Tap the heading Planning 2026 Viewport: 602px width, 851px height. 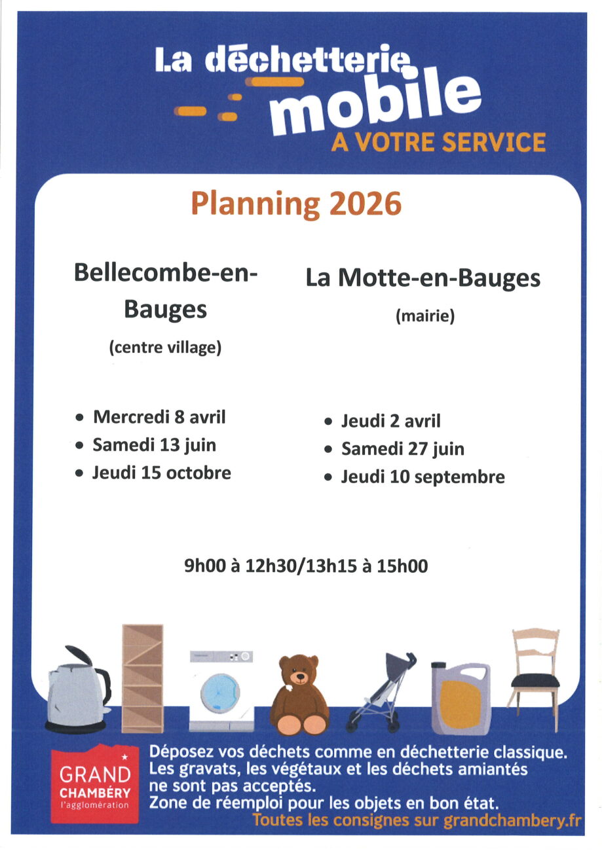click(x=295, y=205)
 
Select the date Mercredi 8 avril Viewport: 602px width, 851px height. click(x=159, y=416)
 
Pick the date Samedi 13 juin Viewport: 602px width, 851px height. click(x=154, y=445)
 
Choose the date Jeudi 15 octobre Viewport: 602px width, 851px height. click(x=161, y=473)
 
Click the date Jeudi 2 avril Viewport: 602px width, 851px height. click(x=390, y=421)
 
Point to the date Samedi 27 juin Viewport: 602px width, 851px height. click(x=402, y=449)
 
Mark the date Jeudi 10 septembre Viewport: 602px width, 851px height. click(x=423, y=477)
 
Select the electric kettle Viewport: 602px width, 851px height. click(x=77, y=691)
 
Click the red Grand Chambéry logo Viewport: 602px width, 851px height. click(x=95, y=784)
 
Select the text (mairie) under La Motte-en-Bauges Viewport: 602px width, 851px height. click(x=425, y=317)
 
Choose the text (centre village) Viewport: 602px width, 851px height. click(x=165, y=348)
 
